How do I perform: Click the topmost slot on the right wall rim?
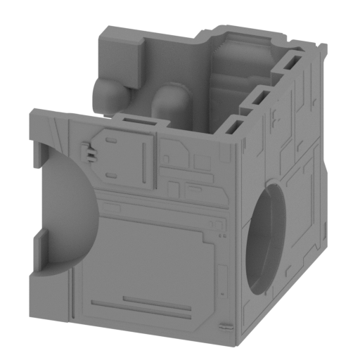(290, 65)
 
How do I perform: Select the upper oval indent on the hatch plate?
(110, 141)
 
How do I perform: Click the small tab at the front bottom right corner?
(224, 326)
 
